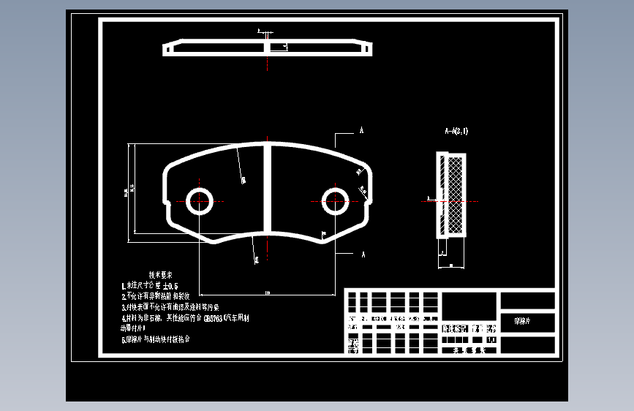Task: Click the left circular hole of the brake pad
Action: (199, 200)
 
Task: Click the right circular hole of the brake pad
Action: (336, 200)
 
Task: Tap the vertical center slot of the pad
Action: (268, 187)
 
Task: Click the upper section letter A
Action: (361, 131)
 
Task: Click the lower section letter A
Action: (362, 254)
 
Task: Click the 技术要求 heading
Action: (160, 275)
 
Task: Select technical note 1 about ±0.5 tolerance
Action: (151, 286)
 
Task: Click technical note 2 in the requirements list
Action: (155, 297)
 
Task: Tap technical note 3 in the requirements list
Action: (167, 307)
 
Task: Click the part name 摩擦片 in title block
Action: (524, 321)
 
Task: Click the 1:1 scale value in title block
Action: (489, 340)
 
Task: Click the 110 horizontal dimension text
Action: (268, 293)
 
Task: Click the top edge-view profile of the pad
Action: (268, 48)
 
